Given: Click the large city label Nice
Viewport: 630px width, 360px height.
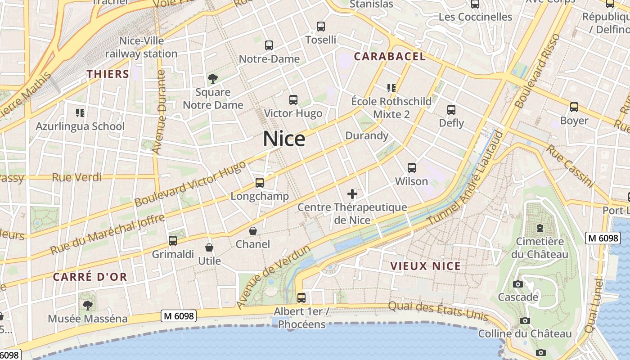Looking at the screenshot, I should pos(284,139).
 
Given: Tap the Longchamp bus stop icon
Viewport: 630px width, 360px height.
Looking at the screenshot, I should pos(260,182).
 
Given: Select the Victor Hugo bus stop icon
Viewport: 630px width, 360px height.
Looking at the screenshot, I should pos(293,99).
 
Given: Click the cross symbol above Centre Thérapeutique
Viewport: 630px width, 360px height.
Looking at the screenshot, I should pos(352,194).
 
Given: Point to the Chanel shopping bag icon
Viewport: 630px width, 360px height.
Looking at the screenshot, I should pos(253,231).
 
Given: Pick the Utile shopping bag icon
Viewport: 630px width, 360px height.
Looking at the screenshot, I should pos(209,247).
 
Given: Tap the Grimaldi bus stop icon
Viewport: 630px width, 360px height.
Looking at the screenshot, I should pos(173,241).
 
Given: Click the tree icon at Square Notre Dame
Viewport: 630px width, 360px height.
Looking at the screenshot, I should pos(213,79).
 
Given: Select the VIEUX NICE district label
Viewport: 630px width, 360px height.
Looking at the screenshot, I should pos(425,266).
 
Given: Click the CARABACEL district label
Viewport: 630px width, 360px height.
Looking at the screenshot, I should pos(389,56).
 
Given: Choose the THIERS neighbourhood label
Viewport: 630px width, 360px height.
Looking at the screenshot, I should pos(108,74).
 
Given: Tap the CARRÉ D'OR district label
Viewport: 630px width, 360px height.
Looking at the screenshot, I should pos(90,277).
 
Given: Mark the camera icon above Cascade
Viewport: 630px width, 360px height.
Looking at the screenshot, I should pos(518,284).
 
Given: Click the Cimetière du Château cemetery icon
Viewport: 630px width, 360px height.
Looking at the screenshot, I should pos(540,228).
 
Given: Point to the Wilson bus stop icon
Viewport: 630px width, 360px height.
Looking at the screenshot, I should pos(411,168).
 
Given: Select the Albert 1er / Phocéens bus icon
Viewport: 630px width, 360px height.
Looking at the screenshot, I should pos(301,297).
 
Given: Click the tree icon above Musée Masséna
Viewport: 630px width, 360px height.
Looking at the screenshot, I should pos(88,305).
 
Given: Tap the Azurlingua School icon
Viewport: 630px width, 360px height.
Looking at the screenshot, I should pos(80,112).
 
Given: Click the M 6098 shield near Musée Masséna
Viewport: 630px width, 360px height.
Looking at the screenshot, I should pos(179,316).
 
